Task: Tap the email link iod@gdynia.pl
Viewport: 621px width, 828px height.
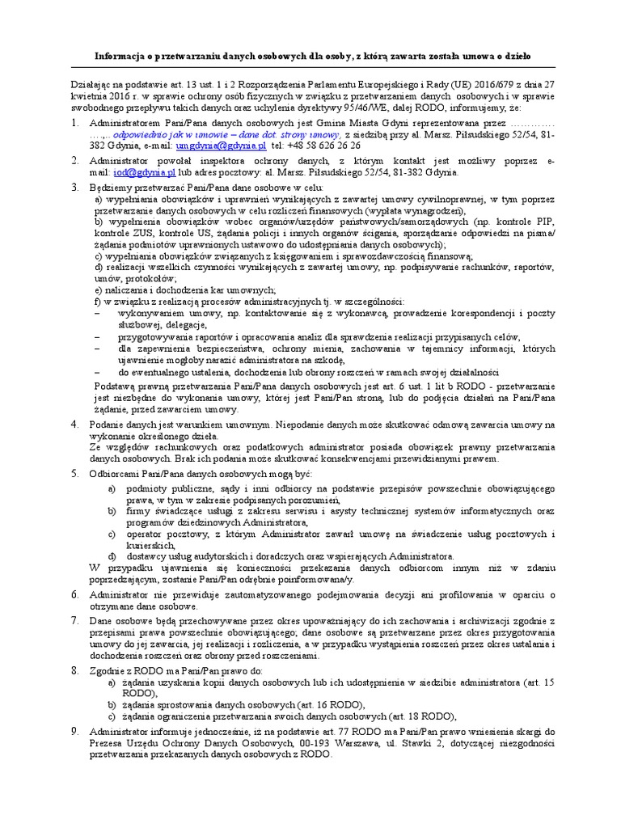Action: tap(145, 172)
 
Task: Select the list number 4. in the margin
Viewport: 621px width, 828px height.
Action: tap(74, 425)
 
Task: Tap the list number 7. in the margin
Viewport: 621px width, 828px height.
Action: tap(74, 619)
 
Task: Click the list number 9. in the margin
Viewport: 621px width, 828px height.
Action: tap(74, 730)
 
